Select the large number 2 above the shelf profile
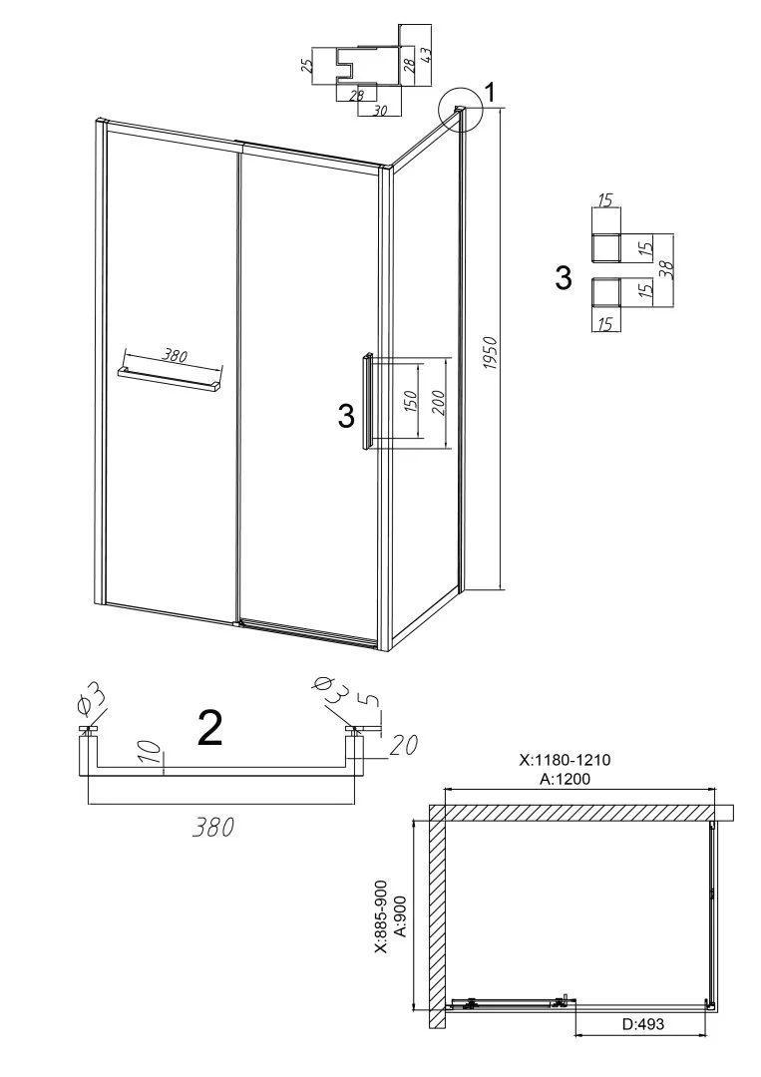(209, 729)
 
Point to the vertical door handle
(368, 402)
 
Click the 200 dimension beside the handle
(440, 403)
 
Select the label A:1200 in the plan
(565, 778)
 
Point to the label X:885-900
(381, 917)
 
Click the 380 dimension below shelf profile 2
(212, 827)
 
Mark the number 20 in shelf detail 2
(403, 744)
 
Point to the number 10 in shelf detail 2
(155, 753)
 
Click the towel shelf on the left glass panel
(171, 379)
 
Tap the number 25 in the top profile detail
(307, 66)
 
